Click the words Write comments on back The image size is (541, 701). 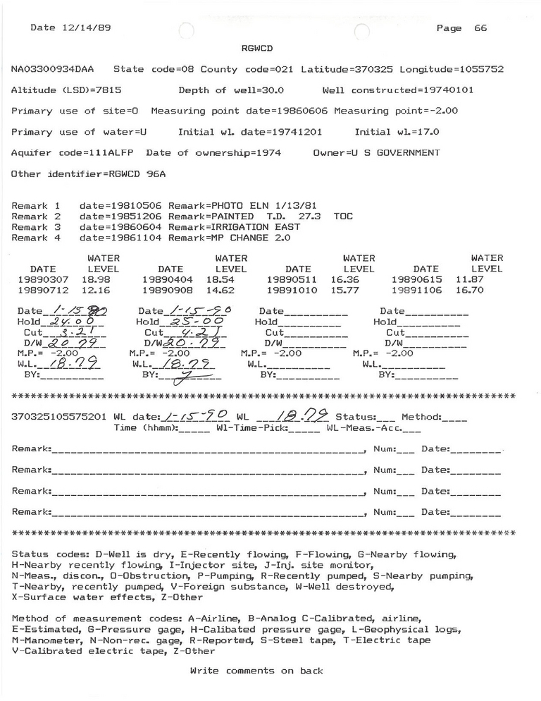[256, 671]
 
